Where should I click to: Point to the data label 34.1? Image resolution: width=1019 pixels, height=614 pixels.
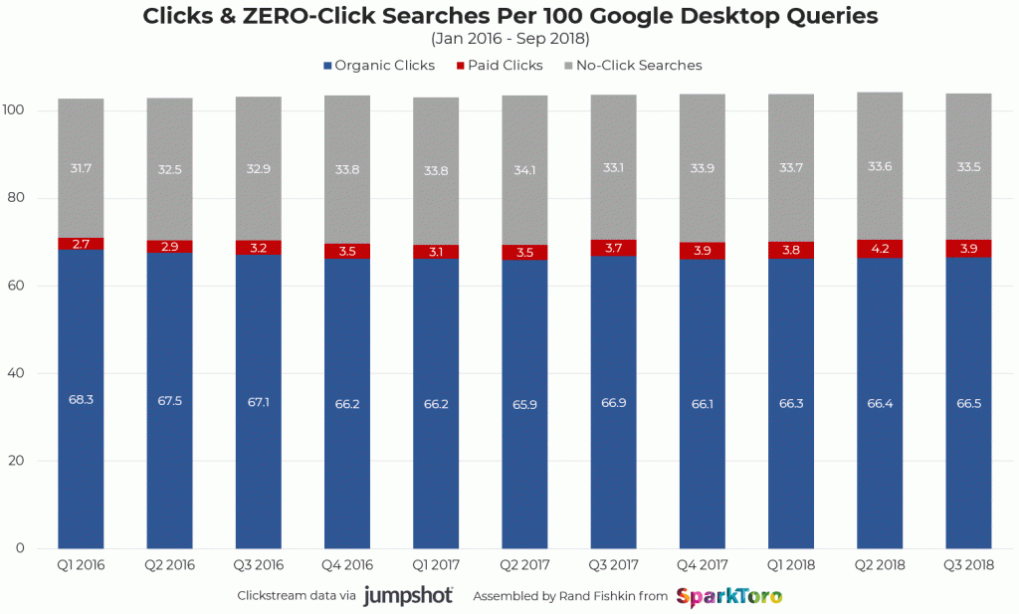(x=524, y=169)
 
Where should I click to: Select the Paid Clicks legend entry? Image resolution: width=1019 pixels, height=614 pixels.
(x=500, y=66)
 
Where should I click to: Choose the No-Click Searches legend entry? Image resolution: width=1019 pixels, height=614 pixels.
(x=633, y=66)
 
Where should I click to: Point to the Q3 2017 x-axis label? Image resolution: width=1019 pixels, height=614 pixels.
(x=614, y=564)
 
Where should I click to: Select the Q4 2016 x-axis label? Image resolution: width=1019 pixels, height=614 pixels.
(x=347, y=564)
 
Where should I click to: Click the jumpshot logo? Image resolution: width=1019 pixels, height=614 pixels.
(x=408, y=596)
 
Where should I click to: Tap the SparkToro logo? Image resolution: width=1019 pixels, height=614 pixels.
(x=728, y=596)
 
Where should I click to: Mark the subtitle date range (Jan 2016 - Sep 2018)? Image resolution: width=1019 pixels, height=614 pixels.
(x=509, y=39)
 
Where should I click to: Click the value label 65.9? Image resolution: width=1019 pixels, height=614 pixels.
(x=524, y=406)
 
